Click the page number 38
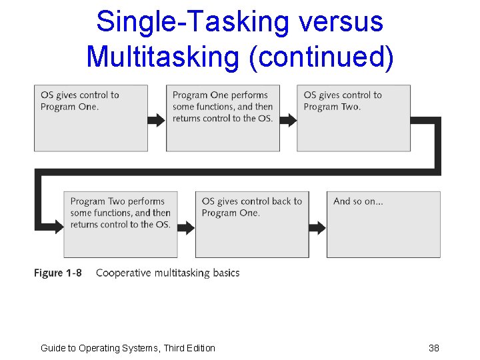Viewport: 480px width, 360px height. coord(434,348)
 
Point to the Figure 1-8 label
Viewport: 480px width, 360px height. coord(58,273)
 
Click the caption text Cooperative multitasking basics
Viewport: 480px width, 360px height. coord(167,273)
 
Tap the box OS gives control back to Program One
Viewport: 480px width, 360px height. coord(252,224)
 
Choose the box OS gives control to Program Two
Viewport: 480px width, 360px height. coord(353,118)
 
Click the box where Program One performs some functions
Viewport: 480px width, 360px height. coord(223,118)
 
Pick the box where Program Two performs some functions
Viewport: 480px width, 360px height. coord(121,224)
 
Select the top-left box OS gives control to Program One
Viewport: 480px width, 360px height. coord(91,118)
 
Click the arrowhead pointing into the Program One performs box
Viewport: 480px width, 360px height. coord(160,120)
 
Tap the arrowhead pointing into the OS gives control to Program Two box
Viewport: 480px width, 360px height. coord(291,120)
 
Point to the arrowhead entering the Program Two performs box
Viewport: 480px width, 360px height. coord(58,227)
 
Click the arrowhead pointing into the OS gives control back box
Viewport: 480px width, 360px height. coord(189,227)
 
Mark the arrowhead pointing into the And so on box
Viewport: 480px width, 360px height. coord(321,227)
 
